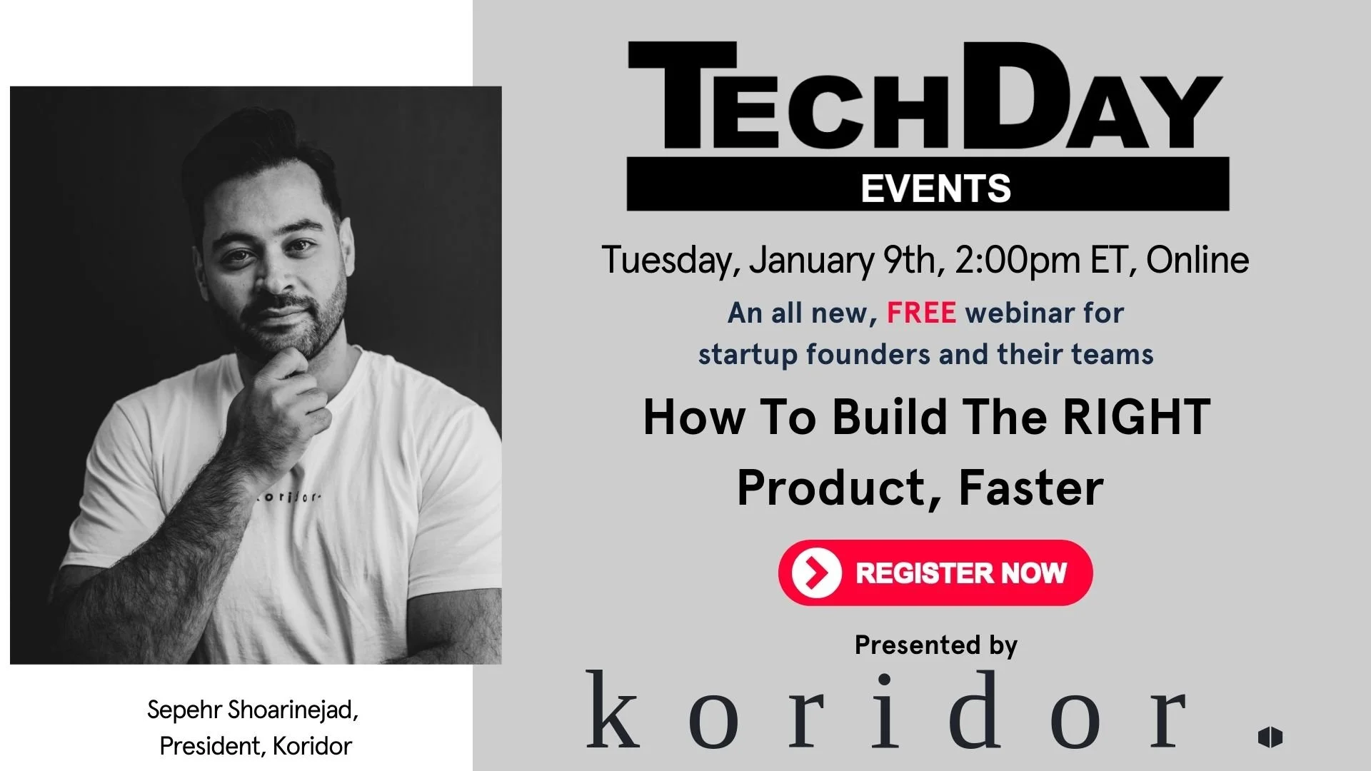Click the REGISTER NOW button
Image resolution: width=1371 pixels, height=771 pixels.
tap(935, 573)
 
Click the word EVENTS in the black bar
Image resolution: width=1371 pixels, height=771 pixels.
tap(935, 188)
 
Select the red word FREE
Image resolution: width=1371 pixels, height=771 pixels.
tap(921, 313)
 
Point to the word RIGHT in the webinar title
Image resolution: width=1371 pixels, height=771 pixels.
tap(1136, 417)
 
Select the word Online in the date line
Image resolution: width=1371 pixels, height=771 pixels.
tap(1197, 260)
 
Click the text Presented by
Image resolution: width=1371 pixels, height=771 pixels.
tap(935, 645)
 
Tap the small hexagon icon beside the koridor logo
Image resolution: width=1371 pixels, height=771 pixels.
tap(1270, 737)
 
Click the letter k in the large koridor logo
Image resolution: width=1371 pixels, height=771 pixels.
tap(613, 710)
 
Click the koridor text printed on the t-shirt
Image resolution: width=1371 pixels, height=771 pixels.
tap(289, 497)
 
